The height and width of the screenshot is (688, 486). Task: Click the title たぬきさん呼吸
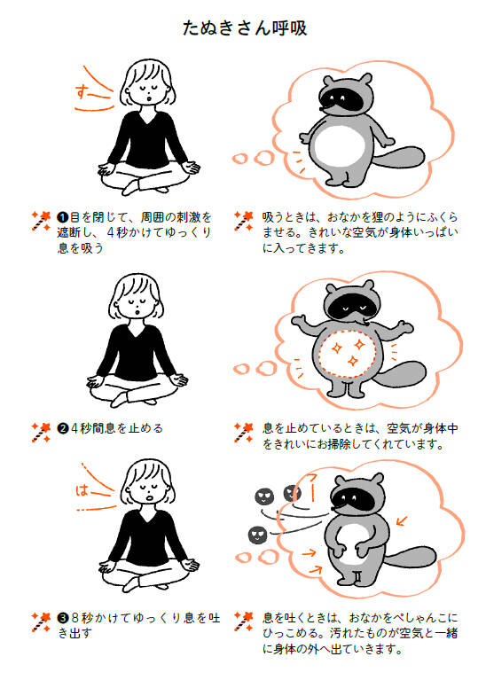click(244, 28)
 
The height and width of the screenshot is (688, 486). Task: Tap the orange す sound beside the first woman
click(82, 92)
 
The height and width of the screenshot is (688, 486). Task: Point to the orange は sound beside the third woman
click(82, 489)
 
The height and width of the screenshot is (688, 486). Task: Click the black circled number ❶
click(63, 217)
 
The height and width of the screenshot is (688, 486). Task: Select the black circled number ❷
click(63, 429)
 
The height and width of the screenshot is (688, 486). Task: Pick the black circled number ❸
click(63, 618)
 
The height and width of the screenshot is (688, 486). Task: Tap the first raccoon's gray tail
click(399, 158)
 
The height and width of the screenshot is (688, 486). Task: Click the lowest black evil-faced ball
click(258, 535)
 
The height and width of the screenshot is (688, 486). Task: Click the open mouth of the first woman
click(149, 98)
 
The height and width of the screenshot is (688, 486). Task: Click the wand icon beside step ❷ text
click(41, 432)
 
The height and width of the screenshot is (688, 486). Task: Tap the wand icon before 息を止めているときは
click(244, 432)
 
